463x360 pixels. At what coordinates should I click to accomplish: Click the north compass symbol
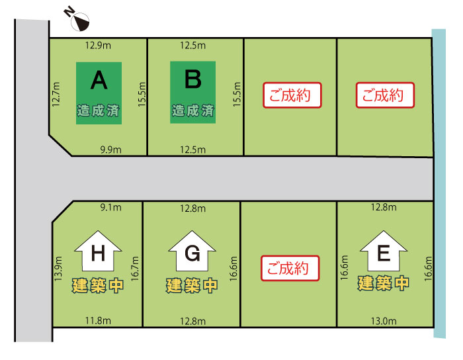77,19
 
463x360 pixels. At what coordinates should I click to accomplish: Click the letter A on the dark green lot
99,80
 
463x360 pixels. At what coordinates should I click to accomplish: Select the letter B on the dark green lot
193,79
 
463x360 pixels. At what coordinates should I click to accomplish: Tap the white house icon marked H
98,251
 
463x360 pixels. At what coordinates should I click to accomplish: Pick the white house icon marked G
192,251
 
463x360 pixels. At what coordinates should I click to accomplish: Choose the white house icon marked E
384,251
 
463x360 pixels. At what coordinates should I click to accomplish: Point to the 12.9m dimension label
98,46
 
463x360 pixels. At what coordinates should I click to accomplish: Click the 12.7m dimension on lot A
56,94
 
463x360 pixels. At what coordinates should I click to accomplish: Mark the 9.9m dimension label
110,150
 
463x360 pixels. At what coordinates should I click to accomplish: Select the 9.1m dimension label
110,207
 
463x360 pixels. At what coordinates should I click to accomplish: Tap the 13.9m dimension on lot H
58,269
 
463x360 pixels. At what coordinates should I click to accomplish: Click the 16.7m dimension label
135,269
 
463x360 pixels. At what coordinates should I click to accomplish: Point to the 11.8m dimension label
98,320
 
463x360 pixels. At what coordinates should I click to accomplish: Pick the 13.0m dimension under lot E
384,321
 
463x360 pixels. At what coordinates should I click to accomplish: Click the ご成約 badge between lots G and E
290,268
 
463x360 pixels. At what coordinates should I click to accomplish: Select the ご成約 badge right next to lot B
292,95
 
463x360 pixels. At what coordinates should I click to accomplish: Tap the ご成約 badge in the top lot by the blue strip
385,95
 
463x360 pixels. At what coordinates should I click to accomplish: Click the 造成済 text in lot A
99,111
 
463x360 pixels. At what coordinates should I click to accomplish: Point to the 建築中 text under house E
383,283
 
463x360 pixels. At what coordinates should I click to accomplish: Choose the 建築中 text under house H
98,286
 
